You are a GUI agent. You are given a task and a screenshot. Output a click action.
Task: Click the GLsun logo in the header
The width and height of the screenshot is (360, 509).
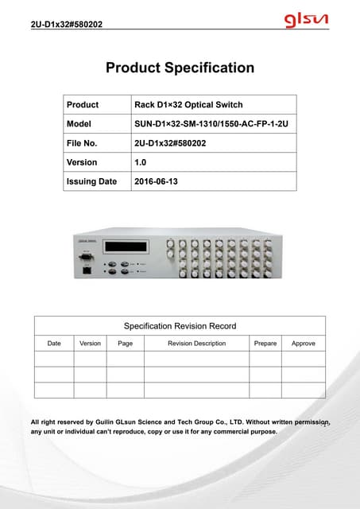(308, 19)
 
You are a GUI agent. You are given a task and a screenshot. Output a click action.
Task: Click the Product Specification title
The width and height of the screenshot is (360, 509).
(180, 68)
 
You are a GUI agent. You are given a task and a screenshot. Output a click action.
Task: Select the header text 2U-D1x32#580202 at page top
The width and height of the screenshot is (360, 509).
(66, 25)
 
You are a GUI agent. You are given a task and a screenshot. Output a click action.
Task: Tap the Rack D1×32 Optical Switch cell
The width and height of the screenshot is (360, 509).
(188, 105)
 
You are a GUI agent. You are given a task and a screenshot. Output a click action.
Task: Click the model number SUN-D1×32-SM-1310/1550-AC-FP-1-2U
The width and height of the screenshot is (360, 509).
(213, 124)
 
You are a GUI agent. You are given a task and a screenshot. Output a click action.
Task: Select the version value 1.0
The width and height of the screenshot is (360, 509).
(141, 162)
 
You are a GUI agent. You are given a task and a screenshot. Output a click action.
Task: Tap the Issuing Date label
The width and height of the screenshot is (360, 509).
(91, 181)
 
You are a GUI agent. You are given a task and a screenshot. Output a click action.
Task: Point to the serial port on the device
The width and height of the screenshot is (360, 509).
(85, 257)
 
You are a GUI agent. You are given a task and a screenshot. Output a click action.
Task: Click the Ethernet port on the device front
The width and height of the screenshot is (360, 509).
(85, 270)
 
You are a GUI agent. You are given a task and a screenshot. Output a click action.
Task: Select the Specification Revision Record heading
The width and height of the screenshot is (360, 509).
(180, 326)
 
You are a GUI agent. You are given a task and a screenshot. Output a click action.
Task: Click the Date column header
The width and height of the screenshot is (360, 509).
(54, 344)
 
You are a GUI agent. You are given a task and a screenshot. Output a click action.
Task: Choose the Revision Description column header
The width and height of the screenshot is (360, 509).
(196, 344)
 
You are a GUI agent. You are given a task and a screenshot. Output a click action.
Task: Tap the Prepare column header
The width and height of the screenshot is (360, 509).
(265, 344)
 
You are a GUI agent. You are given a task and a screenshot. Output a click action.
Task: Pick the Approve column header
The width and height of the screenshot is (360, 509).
(304, 344)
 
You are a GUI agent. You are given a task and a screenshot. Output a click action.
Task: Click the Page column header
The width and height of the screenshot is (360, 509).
(125, 344)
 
